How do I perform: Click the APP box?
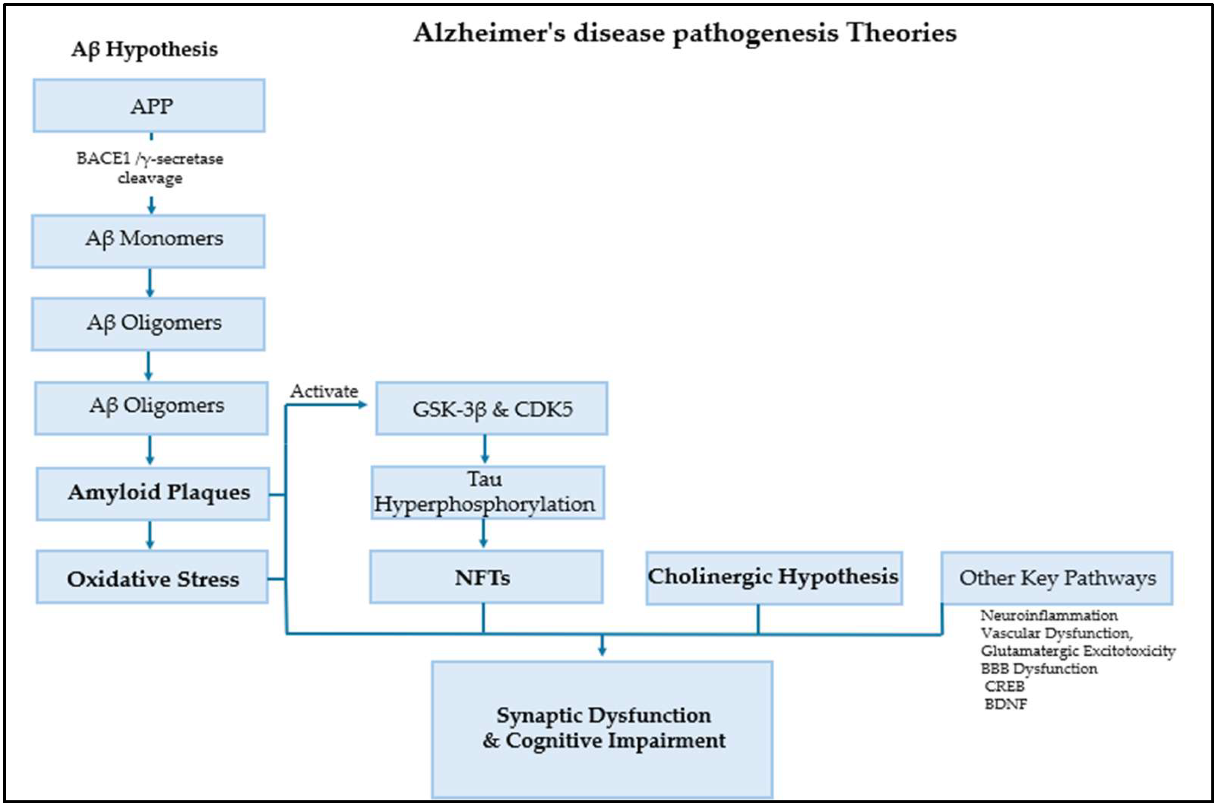149,106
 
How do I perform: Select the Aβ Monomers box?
149,241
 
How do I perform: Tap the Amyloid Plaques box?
153,493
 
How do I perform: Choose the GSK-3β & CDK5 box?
491,408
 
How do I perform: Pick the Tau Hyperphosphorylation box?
487,492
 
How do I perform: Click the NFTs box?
486,577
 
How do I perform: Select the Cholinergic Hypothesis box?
774,578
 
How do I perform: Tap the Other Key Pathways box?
1057,578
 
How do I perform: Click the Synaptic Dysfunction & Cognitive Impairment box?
602,729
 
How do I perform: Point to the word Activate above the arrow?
324,392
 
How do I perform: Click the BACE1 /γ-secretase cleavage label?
150,168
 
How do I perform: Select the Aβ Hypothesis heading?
144,49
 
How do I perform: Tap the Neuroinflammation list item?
1048,615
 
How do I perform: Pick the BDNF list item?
1006,704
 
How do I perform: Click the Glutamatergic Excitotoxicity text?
1078,651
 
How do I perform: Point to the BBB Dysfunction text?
1039,669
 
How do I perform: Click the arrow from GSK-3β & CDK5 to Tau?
484,449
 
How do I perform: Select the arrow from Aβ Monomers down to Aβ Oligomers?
150,282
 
